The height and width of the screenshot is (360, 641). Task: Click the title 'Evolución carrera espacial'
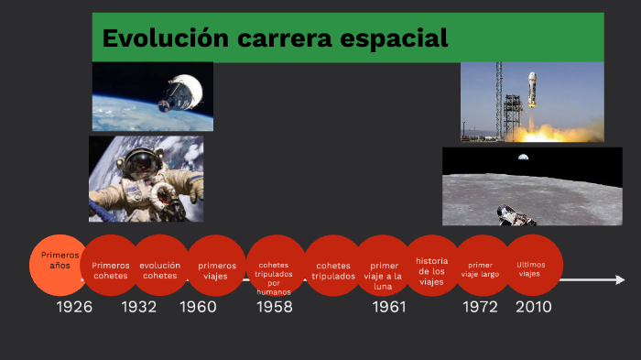(x=275, y=38)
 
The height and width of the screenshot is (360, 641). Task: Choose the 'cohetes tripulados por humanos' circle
(x=275, y=267)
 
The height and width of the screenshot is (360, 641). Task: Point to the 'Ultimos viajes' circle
(x=531, y=266)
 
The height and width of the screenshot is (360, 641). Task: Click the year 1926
(x=74, y=307)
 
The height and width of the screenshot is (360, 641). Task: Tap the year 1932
(x=139, y=307)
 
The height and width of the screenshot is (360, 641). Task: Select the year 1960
(x=198, y=307)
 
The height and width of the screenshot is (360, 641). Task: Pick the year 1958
(x=274, y=307)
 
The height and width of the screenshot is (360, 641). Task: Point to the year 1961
(x=388, y=307)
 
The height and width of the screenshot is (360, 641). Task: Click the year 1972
(x=480, y=307)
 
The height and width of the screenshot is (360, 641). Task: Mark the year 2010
(x=534, y=307)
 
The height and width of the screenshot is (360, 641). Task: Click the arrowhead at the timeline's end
(x=620, y=279)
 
